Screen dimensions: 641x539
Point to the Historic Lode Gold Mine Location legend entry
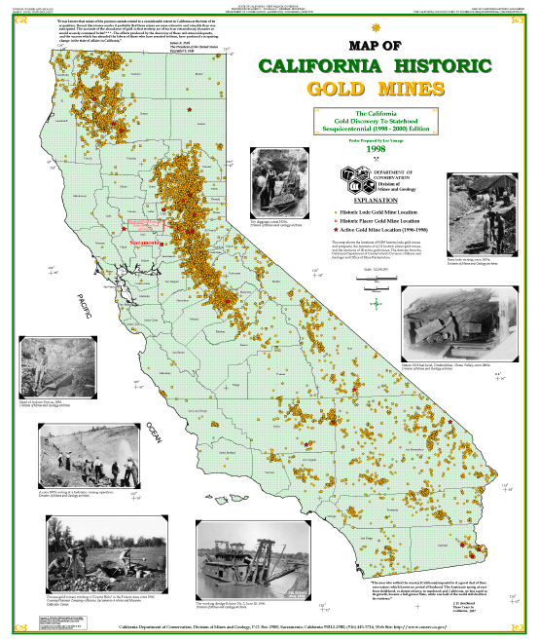tap(375, 210)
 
